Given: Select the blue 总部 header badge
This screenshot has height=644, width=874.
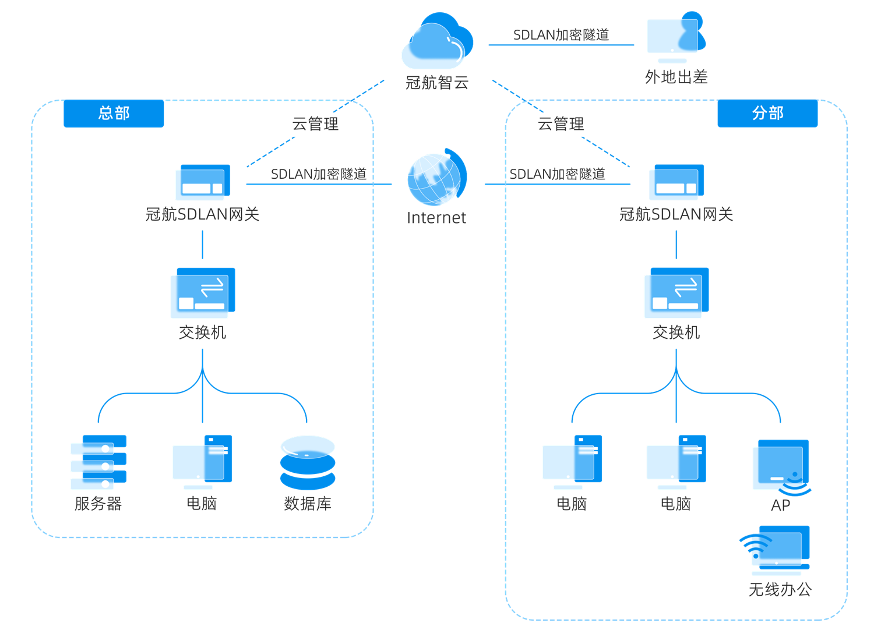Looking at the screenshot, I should point(114,113).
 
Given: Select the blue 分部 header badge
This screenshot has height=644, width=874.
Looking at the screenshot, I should point(767,113).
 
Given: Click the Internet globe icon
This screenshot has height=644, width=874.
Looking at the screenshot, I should point(436,179).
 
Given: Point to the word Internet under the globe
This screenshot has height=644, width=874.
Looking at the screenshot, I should point(436,218).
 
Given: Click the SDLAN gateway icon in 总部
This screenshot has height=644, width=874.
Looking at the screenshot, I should point(203,182).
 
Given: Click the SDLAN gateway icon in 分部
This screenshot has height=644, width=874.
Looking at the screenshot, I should point(676,182).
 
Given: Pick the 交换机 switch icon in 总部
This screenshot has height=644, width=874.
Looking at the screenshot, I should point(202,293).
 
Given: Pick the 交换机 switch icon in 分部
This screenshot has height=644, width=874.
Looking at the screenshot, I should point(676,293).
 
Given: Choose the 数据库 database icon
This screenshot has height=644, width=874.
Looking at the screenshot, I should point(308,462).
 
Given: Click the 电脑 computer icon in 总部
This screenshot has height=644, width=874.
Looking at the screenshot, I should point(202,462).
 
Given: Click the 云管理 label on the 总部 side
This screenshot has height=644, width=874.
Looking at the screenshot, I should point(315,124).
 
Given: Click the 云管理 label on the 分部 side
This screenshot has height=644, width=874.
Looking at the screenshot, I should point(561,124).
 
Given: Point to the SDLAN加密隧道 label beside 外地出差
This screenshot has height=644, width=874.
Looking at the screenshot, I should point(561,35).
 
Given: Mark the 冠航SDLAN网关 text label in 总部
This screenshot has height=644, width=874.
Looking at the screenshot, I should point(202,214).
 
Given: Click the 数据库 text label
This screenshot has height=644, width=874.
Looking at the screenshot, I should point(308,504).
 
